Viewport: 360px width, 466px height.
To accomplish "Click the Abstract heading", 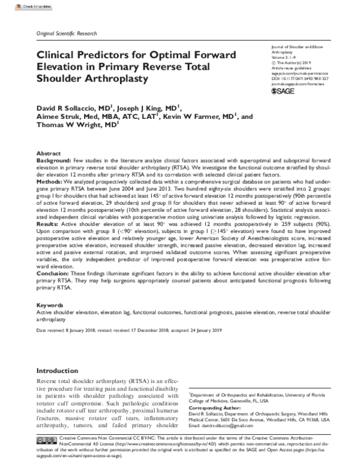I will pyautogui.click(x=49, y=154).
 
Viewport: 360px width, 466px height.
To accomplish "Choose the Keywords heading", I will pyautogui.click(x=50, y=305).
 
